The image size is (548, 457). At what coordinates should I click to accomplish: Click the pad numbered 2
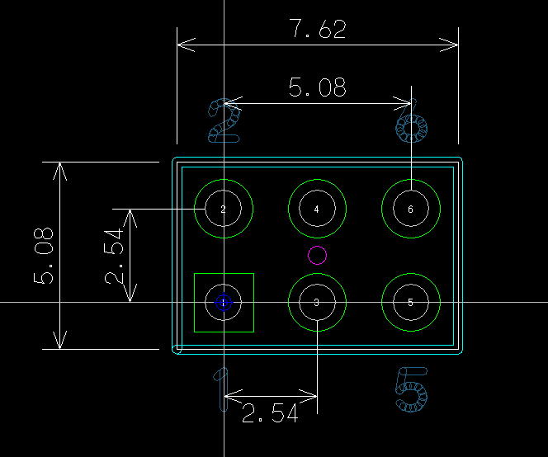point(224,209)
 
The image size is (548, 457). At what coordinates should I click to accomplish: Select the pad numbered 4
point(317,209)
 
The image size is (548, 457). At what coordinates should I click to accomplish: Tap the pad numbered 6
point(411,209)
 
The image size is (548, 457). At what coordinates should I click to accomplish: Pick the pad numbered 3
point(317,303)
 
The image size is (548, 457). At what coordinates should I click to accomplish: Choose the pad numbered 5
point(411,303)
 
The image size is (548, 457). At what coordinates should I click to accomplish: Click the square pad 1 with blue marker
point(224,303)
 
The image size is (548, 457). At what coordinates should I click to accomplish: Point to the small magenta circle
point(317,255)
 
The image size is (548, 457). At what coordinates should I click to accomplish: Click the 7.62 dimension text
point(318,30)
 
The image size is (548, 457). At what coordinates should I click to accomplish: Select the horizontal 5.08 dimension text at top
point(318,87)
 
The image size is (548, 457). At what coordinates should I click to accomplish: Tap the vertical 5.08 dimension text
point(45,256)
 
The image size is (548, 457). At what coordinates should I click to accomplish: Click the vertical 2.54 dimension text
point(116,256)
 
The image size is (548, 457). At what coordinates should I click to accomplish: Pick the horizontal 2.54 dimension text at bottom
point(270,413)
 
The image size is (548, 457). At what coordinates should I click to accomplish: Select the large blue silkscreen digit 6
point(412,128)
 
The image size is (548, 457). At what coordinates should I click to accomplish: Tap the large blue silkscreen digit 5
point(412,389)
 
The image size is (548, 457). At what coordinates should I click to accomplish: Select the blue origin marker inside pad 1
point(224,303)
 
